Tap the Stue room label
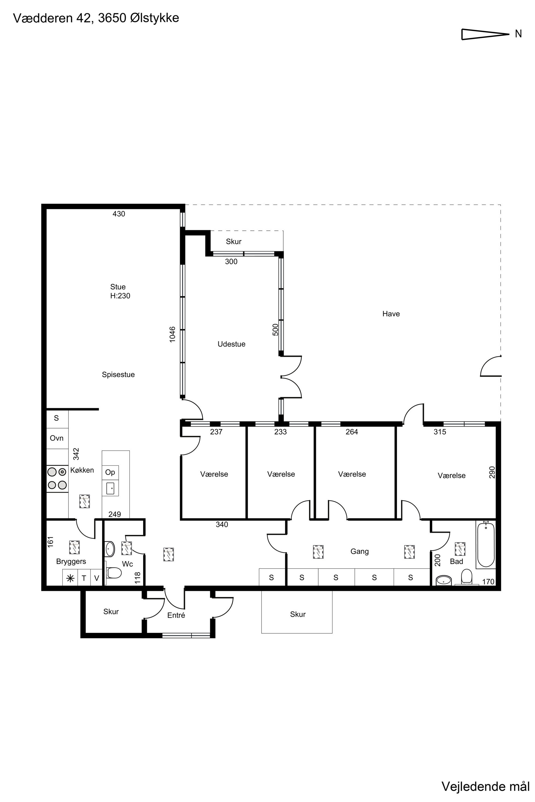click(118, 287)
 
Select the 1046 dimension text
click(172, 334)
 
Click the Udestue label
click(231, 344)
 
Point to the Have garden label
click(391, 314)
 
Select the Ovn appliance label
click(57, 438)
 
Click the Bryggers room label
click(71, 562)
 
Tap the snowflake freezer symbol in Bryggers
click(70, 578)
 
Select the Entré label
click(176, 615)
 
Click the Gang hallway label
click(360, 551)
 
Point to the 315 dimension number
click(440, 432)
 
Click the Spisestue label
click(118, 374)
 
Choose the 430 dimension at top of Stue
click(119, 214)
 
